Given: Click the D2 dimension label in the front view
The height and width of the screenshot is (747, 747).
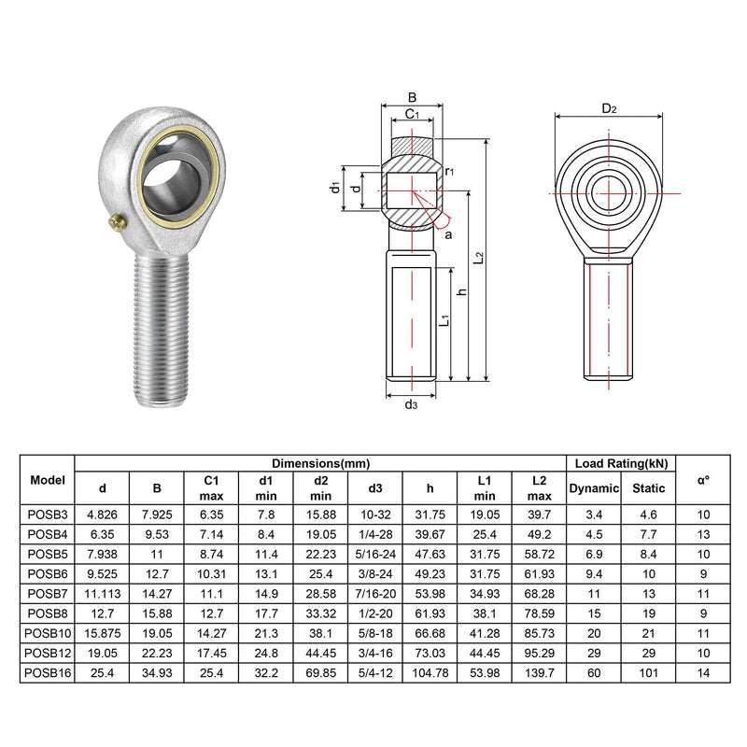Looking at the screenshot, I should pyautogui.click(x=609, y=109).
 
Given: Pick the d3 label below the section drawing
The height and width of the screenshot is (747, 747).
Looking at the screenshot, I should pyautogui.click(x=411, y=404).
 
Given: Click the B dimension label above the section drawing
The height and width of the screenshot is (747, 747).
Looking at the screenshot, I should pyautogui.click(x=411, y=96).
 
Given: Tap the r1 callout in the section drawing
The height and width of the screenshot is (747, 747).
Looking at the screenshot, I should pyautogui.click(x=449, y=171).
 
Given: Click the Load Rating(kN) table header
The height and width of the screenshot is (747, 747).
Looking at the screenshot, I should pyautogui.click(x=620, y=463).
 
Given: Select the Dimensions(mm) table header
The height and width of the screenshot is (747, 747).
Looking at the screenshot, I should pyautogui.click(x=320, y=463).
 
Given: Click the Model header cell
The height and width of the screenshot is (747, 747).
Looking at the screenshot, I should pyautogui.click(x=48, y=480).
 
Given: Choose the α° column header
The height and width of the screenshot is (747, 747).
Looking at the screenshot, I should pyautogui.click(x=703, y=480).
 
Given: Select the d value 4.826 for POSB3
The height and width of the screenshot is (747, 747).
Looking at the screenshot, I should pyautogui.click(x=102, y=515).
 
